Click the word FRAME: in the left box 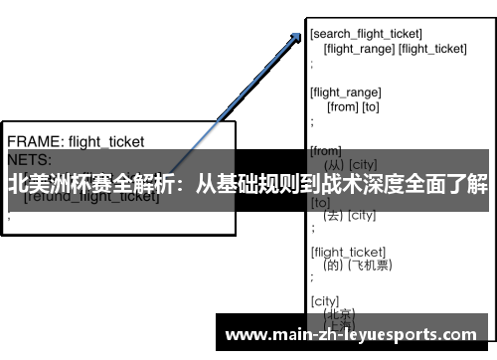pos(36,141)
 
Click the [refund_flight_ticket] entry pos(91,196)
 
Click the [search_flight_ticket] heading pos(367,34)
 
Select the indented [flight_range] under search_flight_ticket pos(358,48)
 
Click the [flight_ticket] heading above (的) pos(348,252)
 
